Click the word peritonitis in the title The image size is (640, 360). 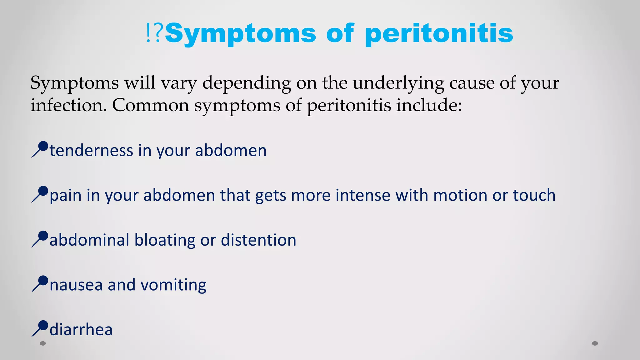point(439,34)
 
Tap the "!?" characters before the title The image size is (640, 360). point(154,33)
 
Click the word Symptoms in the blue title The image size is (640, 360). point(241,34)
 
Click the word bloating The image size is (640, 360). point(165,240)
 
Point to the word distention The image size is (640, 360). point(258,240)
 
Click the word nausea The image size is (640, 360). point(76,285)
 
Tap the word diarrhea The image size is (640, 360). point(81,330)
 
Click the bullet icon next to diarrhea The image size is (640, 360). point(40,328)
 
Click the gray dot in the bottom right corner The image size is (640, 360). point(595,343)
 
